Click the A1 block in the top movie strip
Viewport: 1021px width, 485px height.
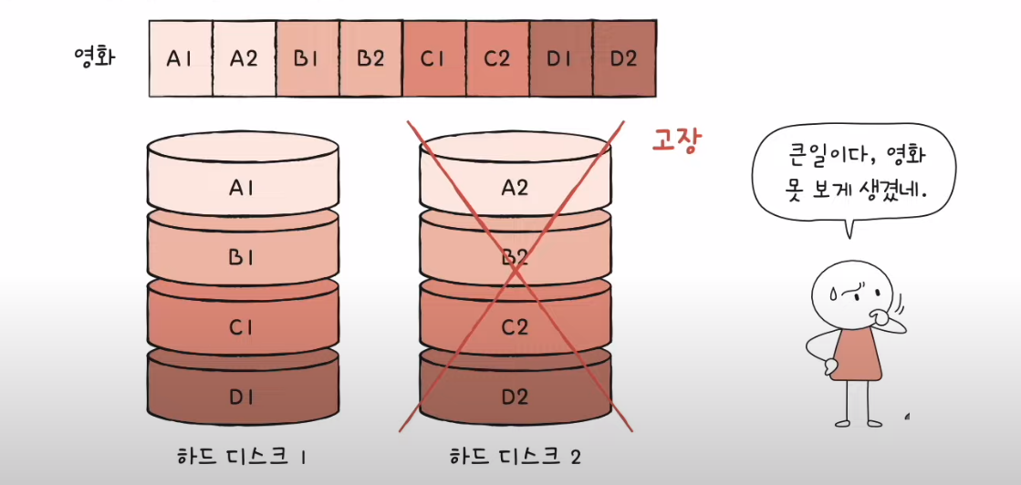[180, 59]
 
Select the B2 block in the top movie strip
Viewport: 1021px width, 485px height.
[370, 59]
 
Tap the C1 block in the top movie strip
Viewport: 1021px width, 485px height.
[433, 59]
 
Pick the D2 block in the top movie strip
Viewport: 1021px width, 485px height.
[624, 59]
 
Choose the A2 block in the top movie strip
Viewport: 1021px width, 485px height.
[244, 59]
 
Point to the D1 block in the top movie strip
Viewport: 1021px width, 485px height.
[560, 59]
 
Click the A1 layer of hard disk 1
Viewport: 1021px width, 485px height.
[242, 188]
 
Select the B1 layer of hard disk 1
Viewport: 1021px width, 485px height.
[242, 257]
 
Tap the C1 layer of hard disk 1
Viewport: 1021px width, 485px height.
[242, 326]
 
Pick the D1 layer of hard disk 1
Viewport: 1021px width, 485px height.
[242, 396]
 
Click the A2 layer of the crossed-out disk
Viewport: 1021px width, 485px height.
[515, 188]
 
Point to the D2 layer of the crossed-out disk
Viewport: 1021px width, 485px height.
[515, 396]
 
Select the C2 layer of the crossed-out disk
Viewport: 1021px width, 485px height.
[515, 326]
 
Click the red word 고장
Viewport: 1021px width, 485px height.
[676, 141]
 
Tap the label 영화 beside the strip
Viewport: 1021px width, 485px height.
[94, 58]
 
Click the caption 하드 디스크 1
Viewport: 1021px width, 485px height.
[241, 455]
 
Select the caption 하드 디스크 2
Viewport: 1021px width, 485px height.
[515, 455]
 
